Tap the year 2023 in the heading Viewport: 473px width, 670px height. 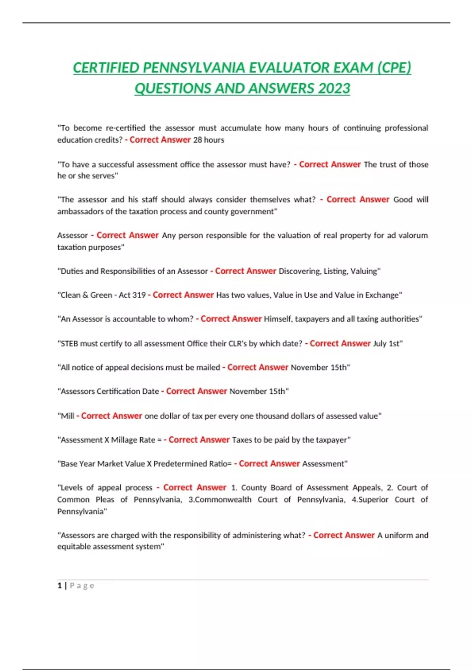pos(334,88)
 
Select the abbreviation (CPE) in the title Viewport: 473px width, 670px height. pos(394,68)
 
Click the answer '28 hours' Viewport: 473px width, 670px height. pos(209,140)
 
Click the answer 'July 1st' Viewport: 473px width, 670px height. pos(387,344)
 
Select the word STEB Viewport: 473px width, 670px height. pos(69,344)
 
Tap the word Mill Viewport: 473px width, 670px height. pos(67,416)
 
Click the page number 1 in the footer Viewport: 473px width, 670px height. pos(60,586)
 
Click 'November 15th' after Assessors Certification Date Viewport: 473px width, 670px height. pos(258,391)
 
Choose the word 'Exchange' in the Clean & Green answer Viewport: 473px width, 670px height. pos(382,295)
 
